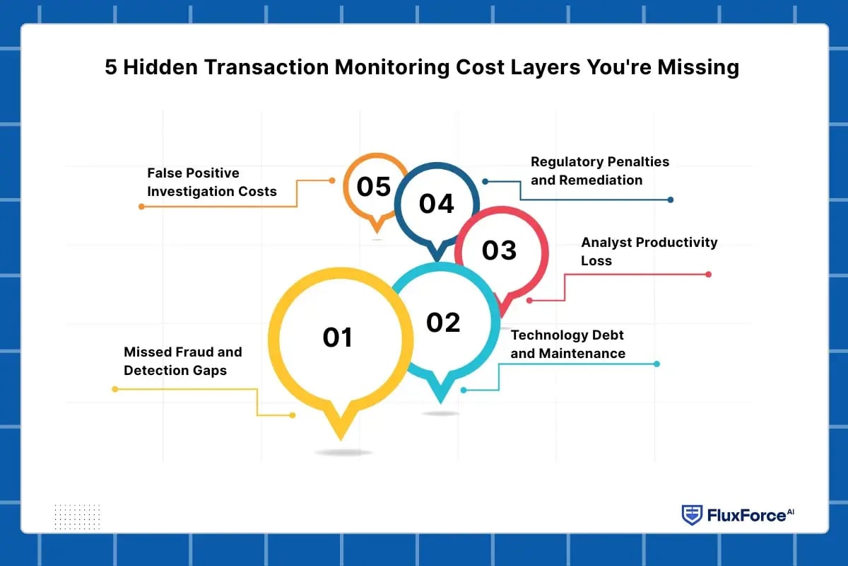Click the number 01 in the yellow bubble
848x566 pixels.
(x=337, y=337)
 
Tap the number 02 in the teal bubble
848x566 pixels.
(x=443, y=323)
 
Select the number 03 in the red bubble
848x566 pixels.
(x=499, y=250)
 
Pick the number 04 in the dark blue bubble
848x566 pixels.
(x=436, y=204)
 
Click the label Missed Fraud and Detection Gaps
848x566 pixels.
(x=182, y=361)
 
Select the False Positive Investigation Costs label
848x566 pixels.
(x=211, y=182)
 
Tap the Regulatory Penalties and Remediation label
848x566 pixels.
(x=599, y=171)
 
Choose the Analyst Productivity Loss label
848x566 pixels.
(x=649, y=251)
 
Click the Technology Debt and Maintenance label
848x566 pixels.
(x=567, y=344)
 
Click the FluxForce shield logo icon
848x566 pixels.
(x=692, y=515)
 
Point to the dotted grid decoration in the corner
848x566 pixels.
(x=77, y=516)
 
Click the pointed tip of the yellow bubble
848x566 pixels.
(x=340, y=437)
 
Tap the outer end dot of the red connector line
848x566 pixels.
(x=708, y=275)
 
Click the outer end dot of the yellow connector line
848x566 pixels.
(x=114, y=388)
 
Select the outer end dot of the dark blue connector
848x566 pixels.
(x=670, y=200)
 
